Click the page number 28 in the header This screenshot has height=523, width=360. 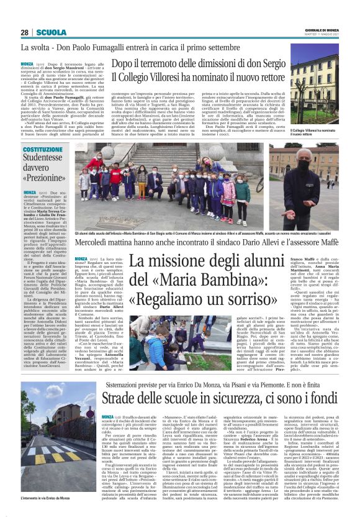coord(25,32)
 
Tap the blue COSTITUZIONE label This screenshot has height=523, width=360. coord(43,150)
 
